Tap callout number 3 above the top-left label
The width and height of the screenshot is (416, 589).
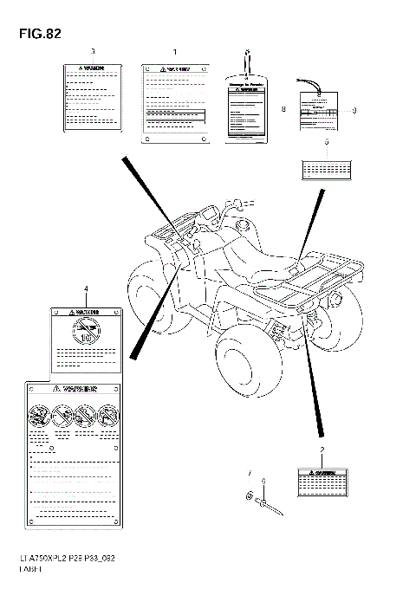coord(92,51)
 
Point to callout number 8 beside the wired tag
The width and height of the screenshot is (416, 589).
coord(283,110)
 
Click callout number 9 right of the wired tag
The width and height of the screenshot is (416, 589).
coord(354,110)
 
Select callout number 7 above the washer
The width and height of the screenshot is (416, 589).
coord(248,473)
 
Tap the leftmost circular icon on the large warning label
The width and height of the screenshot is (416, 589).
coord(39,414)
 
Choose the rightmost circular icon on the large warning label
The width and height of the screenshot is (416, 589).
coord(108,414)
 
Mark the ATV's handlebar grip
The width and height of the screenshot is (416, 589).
coord(232,204)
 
